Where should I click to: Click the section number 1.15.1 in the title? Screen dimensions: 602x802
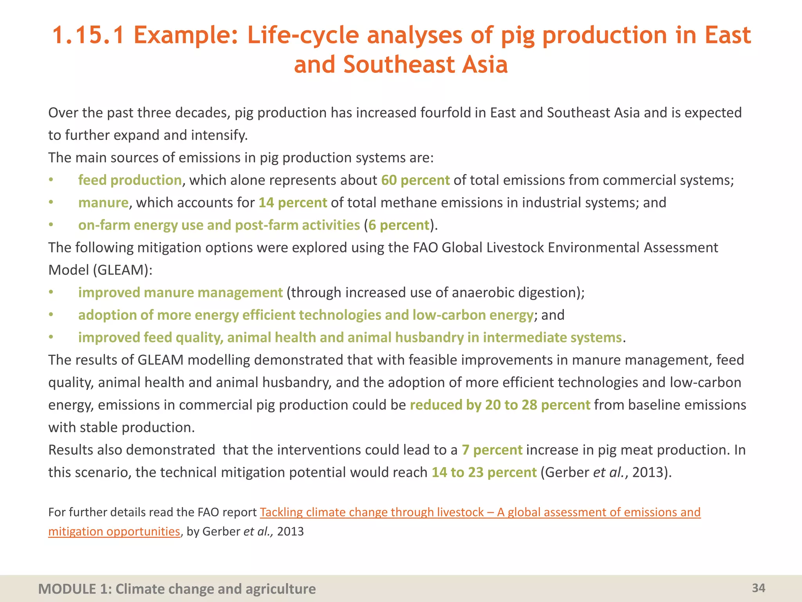click(89, 35)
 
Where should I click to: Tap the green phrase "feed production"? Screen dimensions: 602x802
click(130, 180)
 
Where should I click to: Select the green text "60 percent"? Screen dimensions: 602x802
click(415, 180)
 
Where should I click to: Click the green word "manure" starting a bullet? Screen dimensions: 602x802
click(103, 203)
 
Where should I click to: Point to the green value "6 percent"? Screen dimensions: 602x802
click(399, 225)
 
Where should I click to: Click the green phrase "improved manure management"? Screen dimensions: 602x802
click(180, 293)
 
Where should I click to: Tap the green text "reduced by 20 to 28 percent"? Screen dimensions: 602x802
click(500, 405)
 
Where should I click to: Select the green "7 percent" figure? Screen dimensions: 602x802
click(492, 450)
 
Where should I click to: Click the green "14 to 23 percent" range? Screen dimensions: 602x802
click(484, 473)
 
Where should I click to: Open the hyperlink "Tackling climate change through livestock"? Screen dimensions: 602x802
click(372, 512)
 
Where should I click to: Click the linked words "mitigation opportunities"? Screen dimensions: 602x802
click(114, 531)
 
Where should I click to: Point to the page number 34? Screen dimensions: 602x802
click(759, 588)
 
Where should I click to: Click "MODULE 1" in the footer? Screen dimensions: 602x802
click(67, 589)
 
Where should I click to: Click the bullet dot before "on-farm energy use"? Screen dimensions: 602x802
click(51, 225)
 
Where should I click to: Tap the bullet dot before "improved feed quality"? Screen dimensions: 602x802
click(51, 337)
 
